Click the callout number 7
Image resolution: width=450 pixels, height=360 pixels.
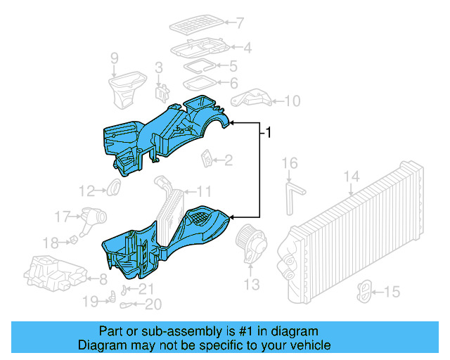[240, 23]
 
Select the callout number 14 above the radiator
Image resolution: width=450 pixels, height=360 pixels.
[352, 176]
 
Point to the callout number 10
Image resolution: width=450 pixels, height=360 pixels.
[292, 102]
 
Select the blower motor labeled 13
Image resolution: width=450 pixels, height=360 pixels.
[251, 243]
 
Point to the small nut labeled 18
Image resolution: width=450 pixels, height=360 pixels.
[72, 241]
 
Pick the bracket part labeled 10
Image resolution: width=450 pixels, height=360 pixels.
[251, 98]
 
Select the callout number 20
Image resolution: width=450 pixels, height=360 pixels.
[154, 304]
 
